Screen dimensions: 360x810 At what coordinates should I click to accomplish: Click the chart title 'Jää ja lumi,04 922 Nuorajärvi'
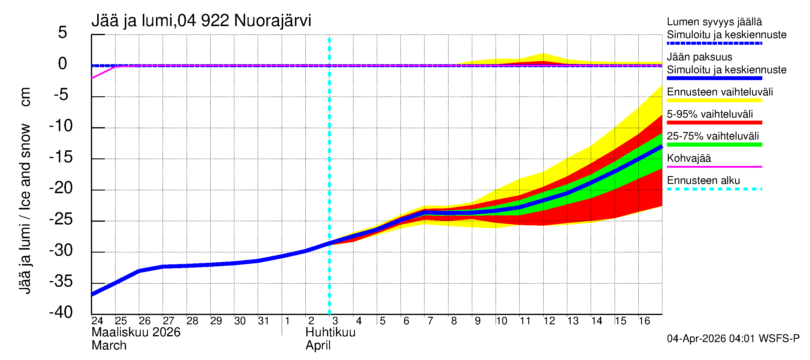tap(201, 21)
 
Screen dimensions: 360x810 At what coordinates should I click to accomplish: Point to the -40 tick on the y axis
tap(61, 312)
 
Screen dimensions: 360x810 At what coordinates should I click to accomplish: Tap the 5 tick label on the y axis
tap(63, 32)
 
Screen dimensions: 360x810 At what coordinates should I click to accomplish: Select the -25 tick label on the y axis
tap(61, 219)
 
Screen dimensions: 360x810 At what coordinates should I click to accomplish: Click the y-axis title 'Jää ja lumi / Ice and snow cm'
tap(25, 190)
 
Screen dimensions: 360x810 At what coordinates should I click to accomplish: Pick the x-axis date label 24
tap(97, 321)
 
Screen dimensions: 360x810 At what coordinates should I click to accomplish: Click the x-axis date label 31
tap(263, 321)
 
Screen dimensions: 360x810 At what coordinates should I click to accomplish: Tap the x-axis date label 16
tap(644, 321)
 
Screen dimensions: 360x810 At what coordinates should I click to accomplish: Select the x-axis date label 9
tap(477, 321)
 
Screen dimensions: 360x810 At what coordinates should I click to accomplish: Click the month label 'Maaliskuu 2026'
tap(136, 332)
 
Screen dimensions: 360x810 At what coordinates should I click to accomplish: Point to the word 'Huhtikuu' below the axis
tap(330, 332)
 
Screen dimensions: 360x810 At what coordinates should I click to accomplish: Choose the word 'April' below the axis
tap(318, 346)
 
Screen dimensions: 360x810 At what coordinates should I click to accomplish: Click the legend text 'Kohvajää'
tap(688, 158)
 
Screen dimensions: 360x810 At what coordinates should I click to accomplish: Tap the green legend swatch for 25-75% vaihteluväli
tap(714, 145)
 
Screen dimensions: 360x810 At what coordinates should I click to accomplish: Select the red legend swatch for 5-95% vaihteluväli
tap(714, 123)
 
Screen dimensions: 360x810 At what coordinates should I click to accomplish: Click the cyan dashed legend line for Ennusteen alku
tap(714, 189)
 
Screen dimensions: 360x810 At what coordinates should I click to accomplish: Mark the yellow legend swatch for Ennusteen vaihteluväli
tap(714, 100)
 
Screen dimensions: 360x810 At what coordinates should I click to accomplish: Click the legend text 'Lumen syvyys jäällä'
tap(714, 22)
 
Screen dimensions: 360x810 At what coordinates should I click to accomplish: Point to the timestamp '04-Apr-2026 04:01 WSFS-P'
tap(733, 339)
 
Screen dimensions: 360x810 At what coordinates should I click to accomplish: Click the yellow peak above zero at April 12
tap(543, 57)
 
